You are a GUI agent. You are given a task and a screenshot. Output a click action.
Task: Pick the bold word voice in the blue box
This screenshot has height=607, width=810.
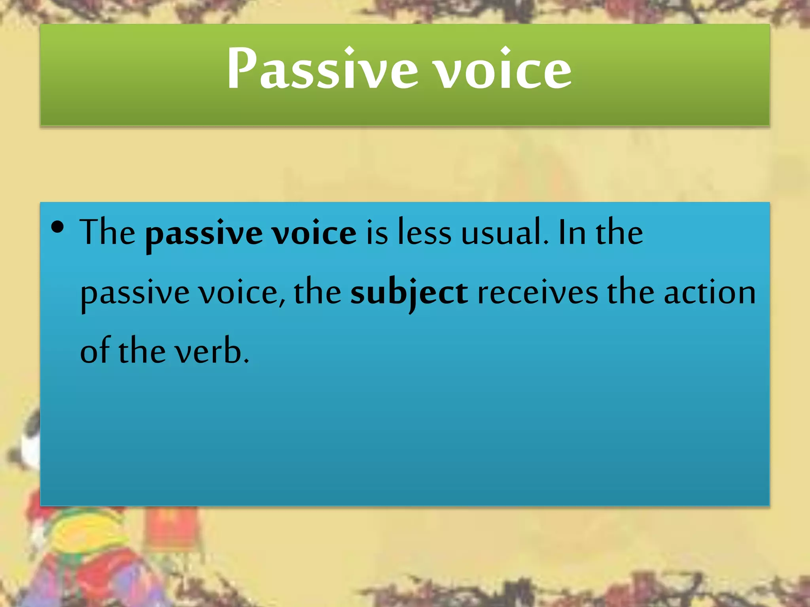314,233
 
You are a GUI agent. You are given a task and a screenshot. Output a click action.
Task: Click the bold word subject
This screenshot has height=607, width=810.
409,293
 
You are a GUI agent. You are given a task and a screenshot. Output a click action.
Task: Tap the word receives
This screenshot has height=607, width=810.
537,293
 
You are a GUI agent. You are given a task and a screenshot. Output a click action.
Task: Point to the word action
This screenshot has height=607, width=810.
710,293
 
